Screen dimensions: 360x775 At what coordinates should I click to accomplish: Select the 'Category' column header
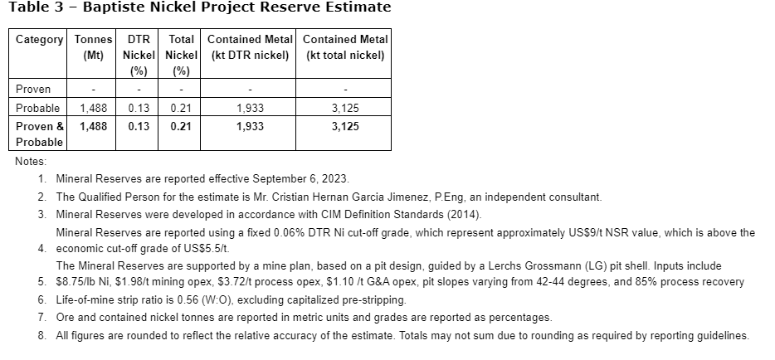point(40,39)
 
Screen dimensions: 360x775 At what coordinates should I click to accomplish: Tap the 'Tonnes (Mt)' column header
point(93,47)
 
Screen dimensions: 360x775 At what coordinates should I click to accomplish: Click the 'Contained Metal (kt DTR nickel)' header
point(250,47)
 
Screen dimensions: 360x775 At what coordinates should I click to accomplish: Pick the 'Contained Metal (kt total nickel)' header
point(345,47)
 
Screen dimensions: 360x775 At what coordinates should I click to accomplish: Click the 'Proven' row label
point(33,89)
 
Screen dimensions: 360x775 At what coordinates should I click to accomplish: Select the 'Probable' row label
point(38,108)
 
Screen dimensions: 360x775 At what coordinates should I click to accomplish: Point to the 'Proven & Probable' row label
point(40,134)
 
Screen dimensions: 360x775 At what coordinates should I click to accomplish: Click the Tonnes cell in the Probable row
point(93,108)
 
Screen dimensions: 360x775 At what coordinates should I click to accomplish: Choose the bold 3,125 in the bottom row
point(345,126)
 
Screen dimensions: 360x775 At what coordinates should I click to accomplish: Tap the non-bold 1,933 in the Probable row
point(250,108)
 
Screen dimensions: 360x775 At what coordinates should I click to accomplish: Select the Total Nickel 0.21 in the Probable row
point(181,108)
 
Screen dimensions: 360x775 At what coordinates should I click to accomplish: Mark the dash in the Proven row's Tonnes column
point(93,89)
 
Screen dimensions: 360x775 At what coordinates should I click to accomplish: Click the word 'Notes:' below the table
point(31,161)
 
